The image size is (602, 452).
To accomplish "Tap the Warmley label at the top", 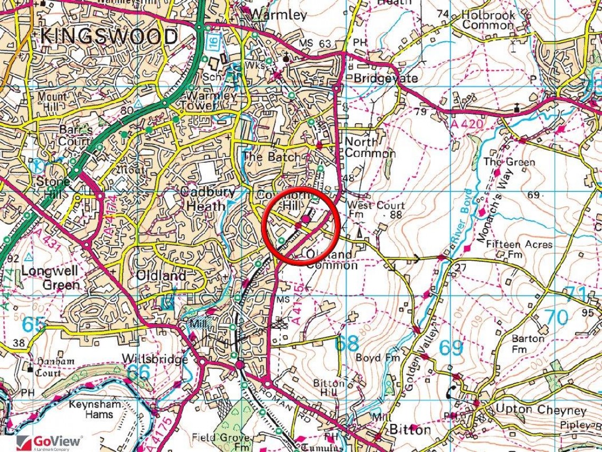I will [x=279, y=14].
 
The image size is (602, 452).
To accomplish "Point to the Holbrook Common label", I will [x=488, y=20].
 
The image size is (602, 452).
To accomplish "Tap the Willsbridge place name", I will [x=154, y=359].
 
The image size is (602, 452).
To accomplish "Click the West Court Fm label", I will [x=375, y=210].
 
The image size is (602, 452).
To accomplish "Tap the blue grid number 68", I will [x=347, y=343].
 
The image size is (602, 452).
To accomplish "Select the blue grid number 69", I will [x=450, y=348].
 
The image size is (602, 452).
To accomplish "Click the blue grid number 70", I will [x=556, y=317].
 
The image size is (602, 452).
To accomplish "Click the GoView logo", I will [x=50, y=442].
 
